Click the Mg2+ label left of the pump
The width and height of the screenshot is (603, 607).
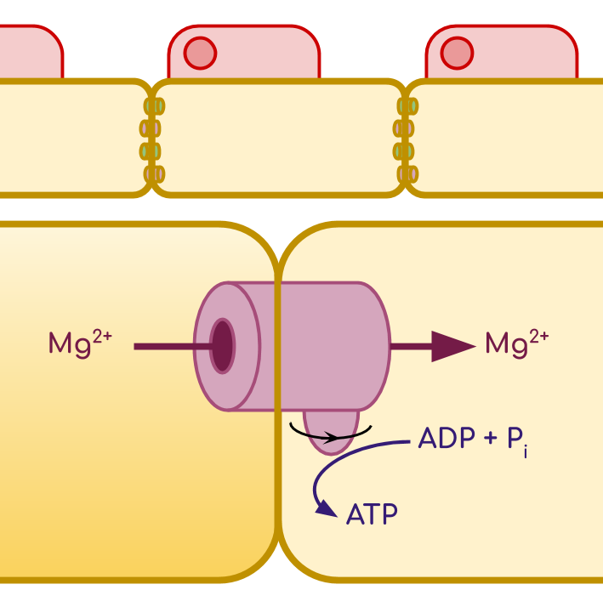[80, 344]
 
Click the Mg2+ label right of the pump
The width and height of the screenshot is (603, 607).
[517, 344]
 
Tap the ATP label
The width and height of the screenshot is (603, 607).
[372, 514]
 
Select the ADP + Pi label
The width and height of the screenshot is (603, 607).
[473, 440]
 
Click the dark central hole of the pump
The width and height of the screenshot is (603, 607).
[222, 346]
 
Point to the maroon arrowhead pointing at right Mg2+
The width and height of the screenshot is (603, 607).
[453, 347]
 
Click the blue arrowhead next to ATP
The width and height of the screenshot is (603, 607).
[326, 508]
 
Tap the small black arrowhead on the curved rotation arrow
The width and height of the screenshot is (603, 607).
[330, 438]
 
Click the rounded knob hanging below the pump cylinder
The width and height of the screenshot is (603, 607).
[331, 433]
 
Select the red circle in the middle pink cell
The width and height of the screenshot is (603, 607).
[200, 53]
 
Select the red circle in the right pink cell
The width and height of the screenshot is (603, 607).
[457, 53]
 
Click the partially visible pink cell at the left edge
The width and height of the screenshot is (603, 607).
[31, 52]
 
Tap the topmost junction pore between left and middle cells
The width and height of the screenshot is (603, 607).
[155, 106]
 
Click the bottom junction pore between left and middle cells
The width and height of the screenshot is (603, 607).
[155, 174]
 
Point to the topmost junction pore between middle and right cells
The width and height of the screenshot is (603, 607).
[407, 106]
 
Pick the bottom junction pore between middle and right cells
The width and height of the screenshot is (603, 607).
[407, 174]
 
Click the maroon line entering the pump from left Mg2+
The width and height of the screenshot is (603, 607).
[173, 347]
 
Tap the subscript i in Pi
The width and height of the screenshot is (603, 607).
[526, 452]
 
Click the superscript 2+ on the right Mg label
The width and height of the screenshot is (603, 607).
[539, 337]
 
